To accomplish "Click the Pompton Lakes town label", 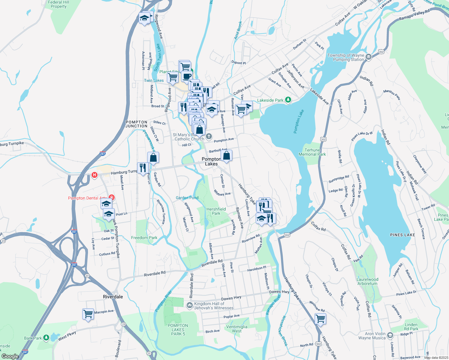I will click(x=211, y=161).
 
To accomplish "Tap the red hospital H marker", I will click(x=95, y=175).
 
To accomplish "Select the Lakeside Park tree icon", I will click(x=288, y=100).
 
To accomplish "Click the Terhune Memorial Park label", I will click(x=312, y=152).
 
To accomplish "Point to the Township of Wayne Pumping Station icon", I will click(x=369, y=57).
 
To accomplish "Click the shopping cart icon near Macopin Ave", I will click(x=88, y=314).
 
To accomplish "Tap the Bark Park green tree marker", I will click(x=46, y=338).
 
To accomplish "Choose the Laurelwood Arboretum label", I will click(x=367, y=281).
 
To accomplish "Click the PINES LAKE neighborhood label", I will click(x=402, y=235).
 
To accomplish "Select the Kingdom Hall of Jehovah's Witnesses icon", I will click(x=189, y=306).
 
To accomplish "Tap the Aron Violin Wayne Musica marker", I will click(x=390, y=335).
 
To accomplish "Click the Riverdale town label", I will click(x=113, y=297).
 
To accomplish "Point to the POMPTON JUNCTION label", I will click(x=137, y=124).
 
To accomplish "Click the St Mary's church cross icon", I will click(x=209, y=137).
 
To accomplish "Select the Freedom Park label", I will click(x=144, y=238).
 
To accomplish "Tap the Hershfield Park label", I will click(x=216, y=211).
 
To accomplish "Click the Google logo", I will click(x=10, y=356).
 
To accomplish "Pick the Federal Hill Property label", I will click(x=59, y=4).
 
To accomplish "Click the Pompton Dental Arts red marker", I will click(x=111, y=197).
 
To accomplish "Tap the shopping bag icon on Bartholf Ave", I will click(x=227, y=156).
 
